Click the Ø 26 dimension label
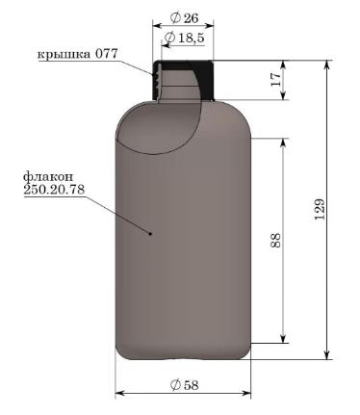[185, 18]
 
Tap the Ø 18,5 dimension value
[184, 38]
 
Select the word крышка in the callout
[64, 54]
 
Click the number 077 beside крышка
[107, 53]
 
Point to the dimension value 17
[275, 79]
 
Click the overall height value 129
[320, 209]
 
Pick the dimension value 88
[275, 240]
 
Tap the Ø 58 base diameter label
[184, 384]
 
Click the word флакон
[48, 177]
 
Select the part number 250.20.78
[54, 189]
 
